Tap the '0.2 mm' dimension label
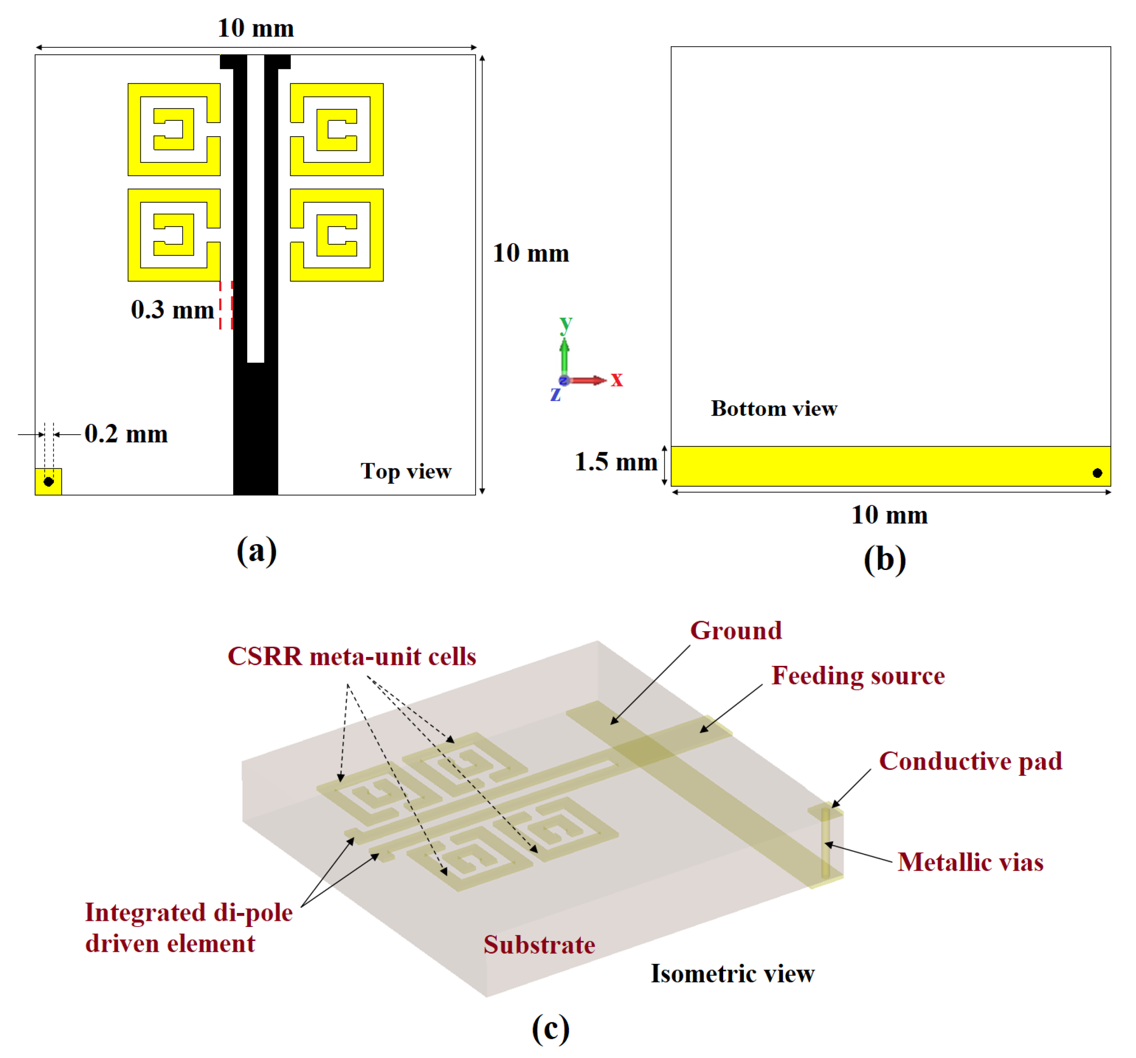point(126,434)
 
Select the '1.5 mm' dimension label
point(616,462)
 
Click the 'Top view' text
point(406,471)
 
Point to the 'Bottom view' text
point(774,409)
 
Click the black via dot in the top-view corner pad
point(49,482)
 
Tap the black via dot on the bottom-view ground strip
point(1097,473)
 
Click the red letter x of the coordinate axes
point(616,379)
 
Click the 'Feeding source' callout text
point(857,676)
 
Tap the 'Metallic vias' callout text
point(970,862)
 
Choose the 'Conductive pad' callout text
point(970,761)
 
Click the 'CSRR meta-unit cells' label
point(352,657)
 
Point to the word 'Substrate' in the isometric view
point(539,945)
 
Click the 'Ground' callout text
point(736,631)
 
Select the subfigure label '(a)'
point(257,551)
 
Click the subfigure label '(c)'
point(550,1029)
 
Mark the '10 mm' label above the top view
point(256,29)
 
